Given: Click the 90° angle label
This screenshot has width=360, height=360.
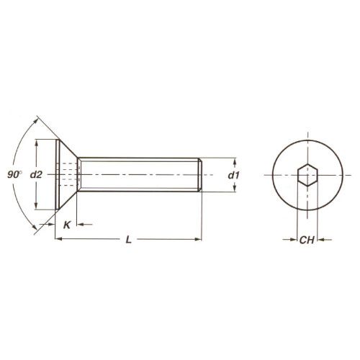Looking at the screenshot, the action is (x=14, y=174).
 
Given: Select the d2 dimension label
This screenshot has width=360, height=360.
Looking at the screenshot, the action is (x=36, y=175).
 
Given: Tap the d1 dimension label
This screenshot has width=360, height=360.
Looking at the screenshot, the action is (x=233, y=176).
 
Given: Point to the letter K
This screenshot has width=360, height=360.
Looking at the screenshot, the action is (x=67, y=225).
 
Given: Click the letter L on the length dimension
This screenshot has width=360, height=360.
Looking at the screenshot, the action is (x=129, y=240).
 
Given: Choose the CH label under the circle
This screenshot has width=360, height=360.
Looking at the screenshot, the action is (x=307, y=240).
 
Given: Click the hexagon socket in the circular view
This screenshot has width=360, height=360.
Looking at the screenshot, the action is (x=307, y=175).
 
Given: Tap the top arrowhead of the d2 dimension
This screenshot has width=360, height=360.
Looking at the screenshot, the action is (x=36, y=143).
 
